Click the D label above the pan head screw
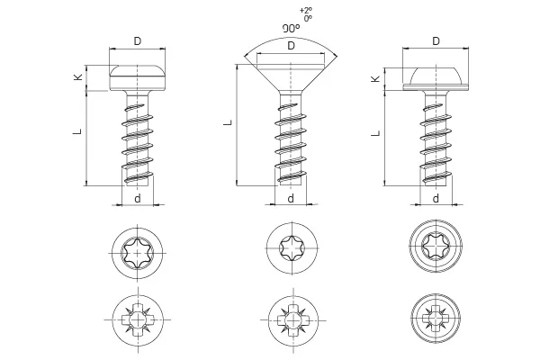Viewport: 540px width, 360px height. [138, 41]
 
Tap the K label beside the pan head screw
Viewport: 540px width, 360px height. [78, 77]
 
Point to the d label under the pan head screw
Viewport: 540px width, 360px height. [138, 198]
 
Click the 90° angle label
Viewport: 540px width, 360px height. [291, 29]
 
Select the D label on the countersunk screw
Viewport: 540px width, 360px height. [291, 46]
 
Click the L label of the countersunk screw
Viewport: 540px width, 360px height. [229, 122]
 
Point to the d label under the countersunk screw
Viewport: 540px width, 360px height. [291, 198]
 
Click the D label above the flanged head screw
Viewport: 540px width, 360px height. [436, 41]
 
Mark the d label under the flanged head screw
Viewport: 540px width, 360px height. [436, 198]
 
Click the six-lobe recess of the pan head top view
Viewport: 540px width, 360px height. [138, 253]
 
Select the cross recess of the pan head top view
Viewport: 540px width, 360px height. [138, 319]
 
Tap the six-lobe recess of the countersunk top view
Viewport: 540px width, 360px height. [292, 247]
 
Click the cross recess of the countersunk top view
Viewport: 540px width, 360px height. [292, 320]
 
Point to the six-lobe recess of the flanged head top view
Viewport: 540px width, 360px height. [436, 246]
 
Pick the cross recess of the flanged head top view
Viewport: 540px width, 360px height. [436, 318]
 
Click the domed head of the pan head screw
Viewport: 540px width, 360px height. [138, 70]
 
